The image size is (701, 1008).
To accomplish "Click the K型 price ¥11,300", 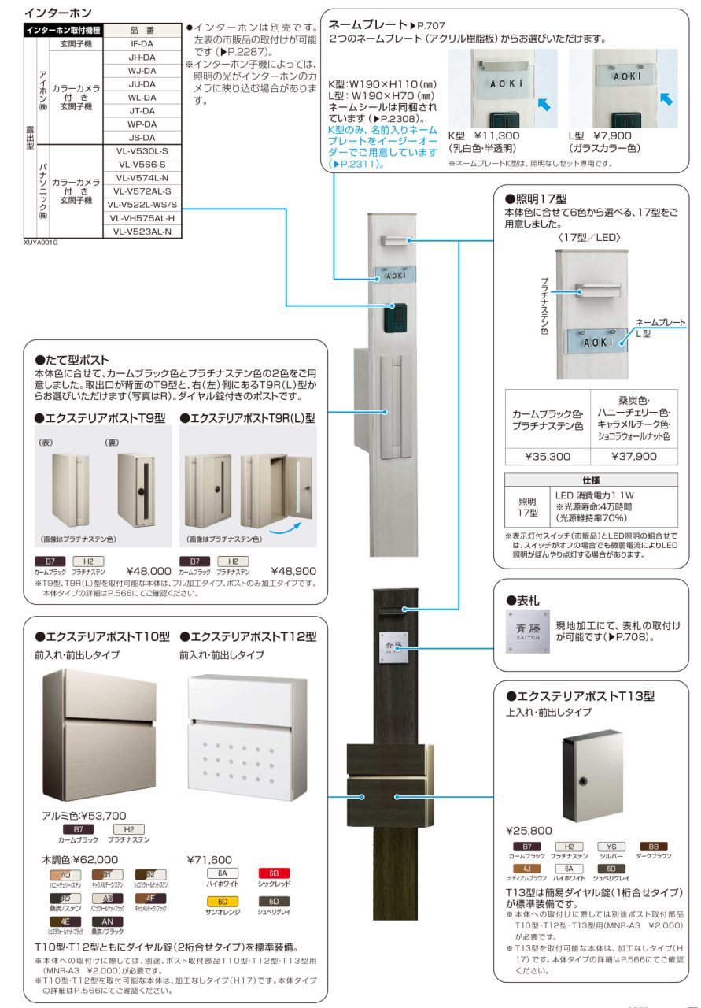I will pyautogui.click(x=497, y=136).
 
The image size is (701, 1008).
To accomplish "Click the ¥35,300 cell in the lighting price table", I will pyautogui.click(x=547, y=455).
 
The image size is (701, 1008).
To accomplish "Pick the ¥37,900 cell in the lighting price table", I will pyautogui.click(x=634, y=455).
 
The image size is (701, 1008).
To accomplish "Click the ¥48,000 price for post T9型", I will pyautogui.click(x=149, y=570).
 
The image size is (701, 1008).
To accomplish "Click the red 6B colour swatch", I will pyautogui.click(x=273, y=873).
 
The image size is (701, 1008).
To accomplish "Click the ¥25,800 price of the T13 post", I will pyautogui.click(x=529, y=830).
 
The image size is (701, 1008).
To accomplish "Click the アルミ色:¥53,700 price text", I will pyautogui.click(x=84, y=815).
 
